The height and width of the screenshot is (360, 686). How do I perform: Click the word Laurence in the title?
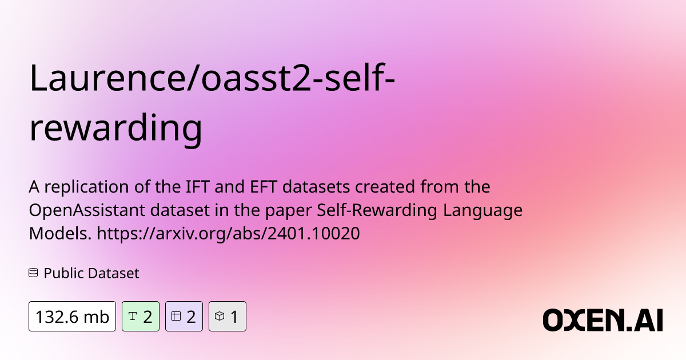pos(107,78)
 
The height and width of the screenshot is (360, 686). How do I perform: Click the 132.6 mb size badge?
pos(72,316)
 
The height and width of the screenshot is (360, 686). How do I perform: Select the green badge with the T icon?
pos(141,316)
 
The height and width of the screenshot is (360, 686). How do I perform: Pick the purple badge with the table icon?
pos(184,316)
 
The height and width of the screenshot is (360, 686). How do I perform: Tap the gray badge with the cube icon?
pos(228,316)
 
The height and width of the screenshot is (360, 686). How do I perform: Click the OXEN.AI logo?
pos(603,320)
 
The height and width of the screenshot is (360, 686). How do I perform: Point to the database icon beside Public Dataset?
pos(33,273)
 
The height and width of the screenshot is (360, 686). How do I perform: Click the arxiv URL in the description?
pos(228,234)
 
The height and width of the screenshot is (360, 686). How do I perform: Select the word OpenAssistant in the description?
pos(87,210)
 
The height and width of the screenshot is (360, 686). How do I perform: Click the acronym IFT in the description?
pos(198,186)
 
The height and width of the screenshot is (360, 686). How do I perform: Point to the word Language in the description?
pos(482,211)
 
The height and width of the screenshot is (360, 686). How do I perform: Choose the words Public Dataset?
pos(91,273)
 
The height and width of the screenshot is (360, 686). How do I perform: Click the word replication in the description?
pos(87,187)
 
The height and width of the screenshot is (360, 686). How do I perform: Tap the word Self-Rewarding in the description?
pos(377,211)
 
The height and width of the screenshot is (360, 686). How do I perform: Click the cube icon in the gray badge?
pos(220,316)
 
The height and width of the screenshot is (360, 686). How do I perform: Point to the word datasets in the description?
pos(316,186)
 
